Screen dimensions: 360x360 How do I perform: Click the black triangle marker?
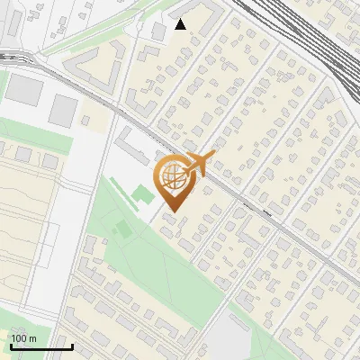[180, 24]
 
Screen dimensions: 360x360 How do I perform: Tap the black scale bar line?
[40, 346]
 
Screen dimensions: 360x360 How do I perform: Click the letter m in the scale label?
[32, 339]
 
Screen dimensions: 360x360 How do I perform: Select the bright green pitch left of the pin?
[142, 193]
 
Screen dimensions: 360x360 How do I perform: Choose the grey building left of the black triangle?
[157, 31]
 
